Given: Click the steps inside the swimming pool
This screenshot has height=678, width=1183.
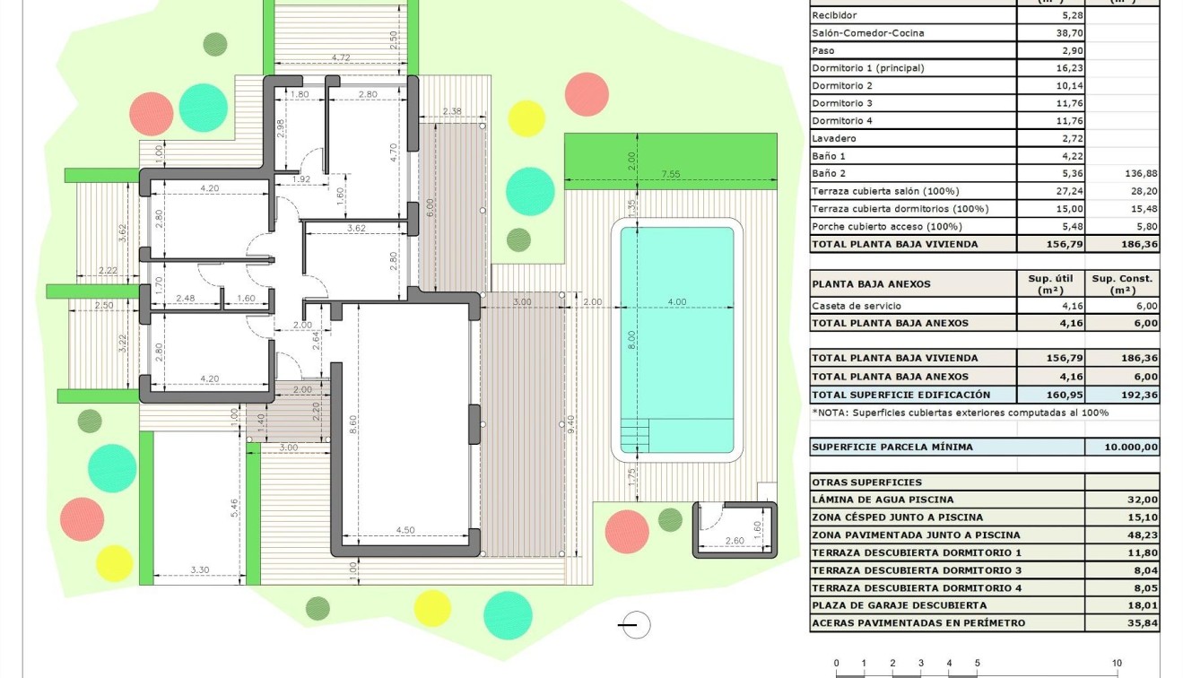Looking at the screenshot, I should [638, 435].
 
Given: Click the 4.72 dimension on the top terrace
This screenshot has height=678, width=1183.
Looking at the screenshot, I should [341, 57].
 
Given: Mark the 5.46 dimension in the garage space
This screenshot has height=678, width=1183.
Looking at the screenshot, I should [234, 508].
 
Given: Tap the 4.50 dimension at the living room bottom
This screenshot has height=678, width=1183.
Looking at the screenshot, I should [404, 530].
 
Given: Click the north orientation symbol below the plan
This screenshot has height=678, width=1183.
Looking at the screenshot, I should [635, 625].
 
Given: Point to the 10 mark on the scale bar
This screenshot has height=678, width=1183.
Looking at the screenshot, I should [1117, 664].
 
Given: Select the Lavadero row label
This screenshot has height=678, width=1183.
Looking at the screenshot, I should [834, 139].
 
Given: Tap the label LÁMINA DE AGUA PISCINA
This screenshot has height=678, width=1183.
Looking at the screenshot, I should [883, 500].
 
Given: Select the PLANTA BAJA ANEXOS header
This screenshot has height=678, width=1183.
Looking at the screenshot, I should [871, 284].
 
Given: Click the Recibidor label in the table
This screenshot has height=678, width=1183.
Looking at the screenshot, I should [834, 15].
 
